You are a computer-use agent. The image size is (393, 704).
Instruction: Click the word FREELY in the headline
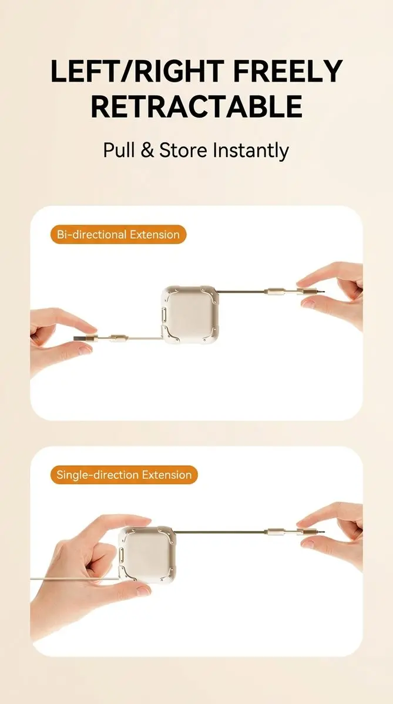[288, 71]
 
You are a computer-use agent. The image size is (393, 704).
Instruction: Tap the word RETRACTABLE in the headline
[197, 107]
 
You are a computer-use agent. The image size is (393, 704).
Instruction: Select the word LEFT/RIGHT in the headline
[137, 71]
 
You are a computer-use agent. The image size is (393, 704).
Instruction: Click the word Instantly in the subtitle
[250, 151]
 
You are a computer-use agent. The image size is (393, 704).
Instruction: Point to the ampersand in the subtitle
[147, 150]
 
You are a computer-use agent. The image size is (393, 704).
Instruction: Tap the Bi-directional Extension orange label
[118, 235]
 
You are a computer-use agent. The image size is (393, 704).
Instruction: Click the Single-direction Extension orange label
[124, 475]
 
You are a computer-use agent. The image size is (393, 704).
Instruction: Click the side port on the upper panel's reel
[164, 314]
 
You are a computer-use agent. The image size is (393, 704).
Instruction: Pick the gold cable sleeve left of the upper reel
[118, 338]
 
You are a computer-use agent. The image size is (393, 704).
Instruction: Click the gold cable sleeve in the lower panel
[274, 532]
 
